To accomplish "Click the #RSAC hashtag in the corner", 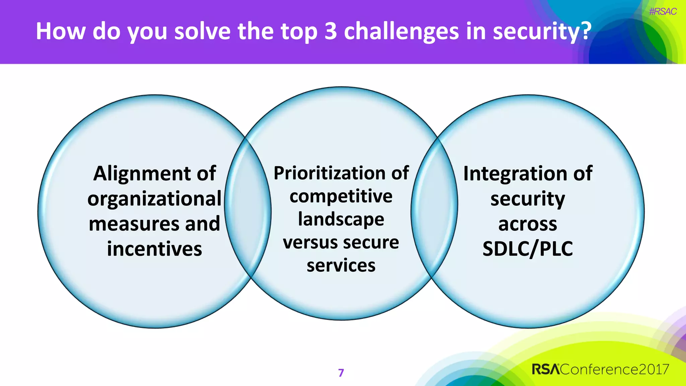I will tap(663, 12).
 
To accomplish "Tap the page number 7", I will tap(341, 373).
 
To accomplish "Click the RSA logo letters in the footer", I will tap(546, 369).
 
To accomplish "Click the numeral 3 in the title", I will tap(330, 31).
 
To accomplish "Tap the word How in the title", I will tap(60, 31).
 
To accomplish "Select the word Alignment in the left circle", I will tap(138, 174).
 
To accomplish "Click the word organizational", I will tap(154, 199).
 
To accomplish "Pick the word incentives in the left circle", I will tap(154, 249).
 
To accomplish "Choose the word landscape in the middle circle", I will tap(341, 219).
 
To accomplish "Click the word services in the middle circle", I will tap(341, 265).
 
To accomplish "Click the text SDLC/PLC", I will tap(528, 249).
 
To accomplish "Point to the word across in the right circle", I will tap(528, 224).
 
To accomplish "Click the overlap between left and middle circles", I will tap(248, 208).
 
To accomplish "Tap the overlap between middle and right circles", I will tap(434, 208).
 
